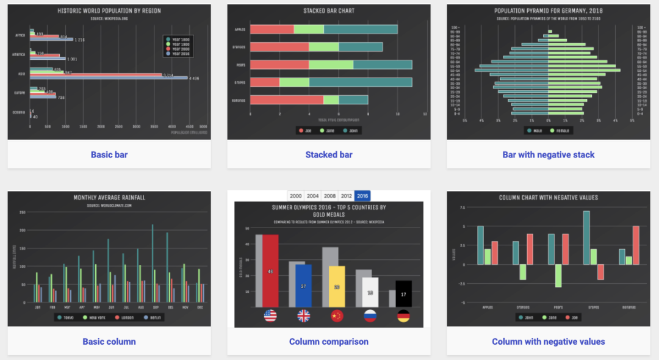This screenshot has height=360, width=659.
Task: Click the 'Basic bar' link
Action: click(x=109, y=155)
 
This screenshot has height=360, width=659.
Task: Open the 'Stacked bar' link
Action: click(x=329, y=155)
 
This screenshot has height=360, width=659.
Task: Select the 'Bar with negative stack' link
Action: click(x=549, y=155)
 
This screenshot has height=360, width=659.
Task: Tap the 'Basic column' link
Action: click(x=109, y=342)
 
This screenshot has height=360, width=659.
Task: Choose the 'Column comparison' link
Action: click(x=329, y=342)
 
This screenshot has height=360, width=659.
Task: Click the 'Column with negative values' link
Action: click(x=549, y=342)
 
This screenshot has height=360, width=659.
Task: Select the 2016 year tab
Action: click(x=362, y=196)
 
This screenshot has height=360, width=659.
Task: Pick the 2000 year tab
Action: click(x=296, y=196)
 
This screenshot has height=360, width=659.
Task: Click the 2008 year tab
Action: click(x=329, y=196)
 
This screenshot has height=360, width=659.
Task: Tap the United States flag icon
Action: click(x=270, y=316)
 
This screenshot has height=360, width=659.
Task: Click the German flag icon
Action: click(x=403, y=316)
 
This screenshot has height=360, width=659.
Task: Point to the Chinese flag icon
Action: click(x=337, y=316)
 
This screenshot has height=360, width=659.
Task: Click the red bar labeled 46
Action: click(x=270, y=272)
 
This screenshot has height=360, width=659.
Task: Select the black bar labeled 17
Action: click(x=403, y=294)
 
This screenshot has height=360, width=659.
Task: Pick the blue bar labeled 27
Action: click(x=303, y=286)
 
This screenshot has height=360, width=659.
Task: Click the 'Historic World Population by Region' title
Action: click(x=109, y=11)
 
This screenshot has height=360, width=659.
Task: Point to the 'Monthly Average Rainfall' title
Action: click(x=109, y=198)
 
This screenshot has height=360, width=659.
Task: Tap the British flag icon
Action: click(x=303, y=316)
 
